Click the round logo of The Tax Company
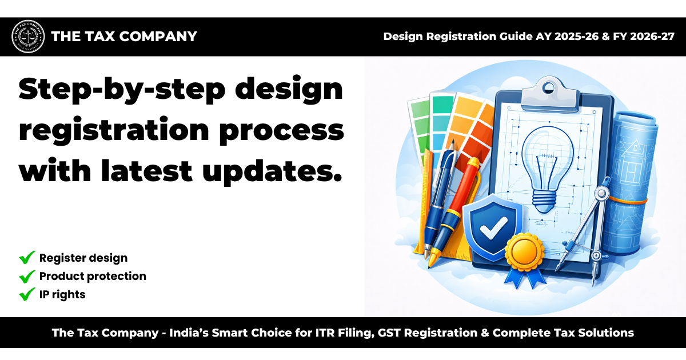point(27,37)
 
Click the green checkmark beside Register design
point(27,258)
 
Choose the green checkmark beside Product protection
point(27,277)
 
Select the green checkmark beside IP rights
point(27,295)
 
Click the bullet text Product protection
point(93,277)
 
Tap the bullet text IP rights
point(62,295)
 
